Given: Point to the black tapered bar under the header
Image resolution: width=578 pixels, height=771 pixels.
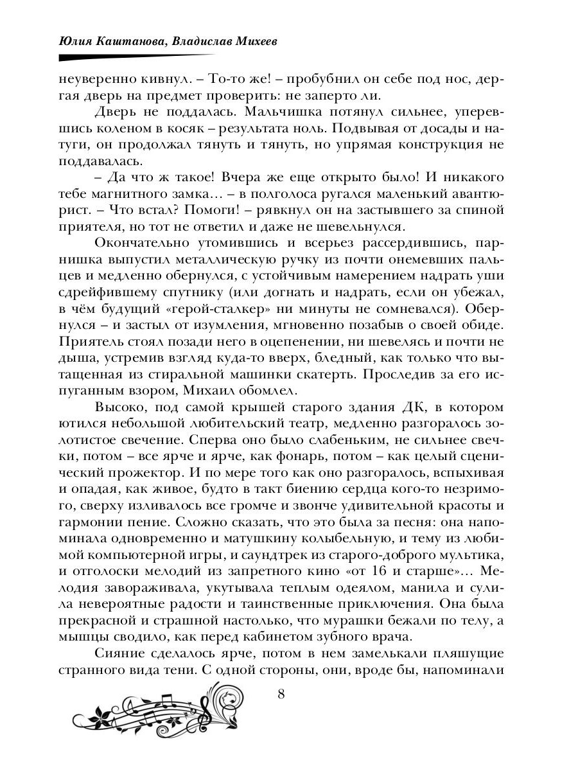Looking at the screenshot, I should (x=161, y=57).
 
